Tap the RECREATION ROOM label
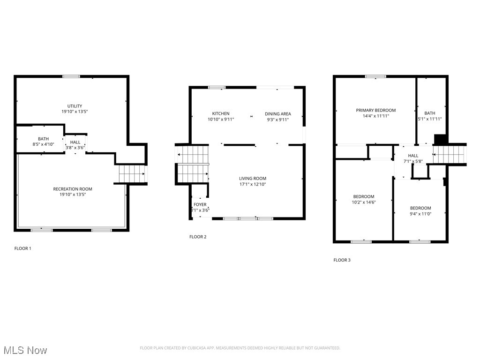tap(72, 189)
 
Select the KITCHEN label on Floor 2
tap(221, 113)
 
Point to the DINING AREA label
tap(277, 113)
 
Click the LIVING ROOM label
tap(253, 178)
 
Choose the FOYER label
tap(200, 204)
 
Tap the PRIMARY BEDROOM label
tap(375, 110)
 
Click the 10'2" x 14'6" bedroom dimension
tap(364, 202)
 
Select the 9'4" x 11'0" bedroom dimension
tap(420, 214)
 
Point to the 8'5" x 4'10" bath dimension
tap(44, 144)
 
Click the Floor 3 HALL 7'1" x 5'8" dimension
tap(413, 161)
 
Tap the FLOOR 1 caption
tap(22, 248)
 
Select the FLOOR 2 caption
tap(198, 237)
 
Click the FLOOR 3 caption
tap(342, 260)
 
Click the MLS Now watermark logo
tap(25, 350)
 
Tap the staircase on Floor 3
tap(450, 154)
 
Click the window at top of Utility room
tap(71, 76)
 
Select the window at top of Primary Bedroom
tap(375, 76)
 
